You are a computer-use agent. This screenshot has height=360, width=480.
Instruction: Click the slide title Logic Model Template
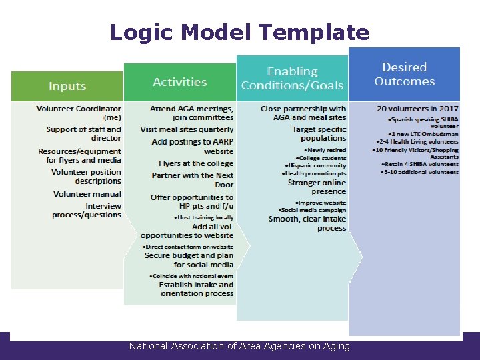[x=239, y=32]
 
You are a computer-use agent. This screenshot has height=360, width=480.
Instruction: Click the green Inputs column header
[x=67, y=86]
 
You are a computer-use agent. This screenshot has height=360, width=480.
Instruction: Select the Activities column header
[x=180, y=82]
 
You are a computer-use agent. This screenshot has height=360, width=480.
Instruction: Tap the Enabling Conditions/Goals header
[x=292, y=78]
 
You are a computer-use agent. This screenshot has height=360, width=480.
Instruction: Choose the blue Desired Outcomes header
[x=404, y=74]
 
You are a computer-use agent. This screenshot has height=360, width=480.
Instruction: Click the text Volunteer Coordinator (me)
[x=79, y=112]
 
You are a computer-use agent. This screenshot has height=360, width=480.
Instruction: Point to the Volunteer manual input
[x=87, y=194]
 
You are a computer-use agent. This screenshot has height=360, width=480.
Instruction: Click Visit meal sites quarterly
[x=187, y=129]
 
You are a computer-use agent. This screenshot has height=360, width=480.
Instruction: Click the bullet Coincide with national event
[x=191, y=275]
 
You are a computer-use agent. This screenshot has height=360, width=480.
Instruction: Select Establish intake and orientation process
[x=196, y=289]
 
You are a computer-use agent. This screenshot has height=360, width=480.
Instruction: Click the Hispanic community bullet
[x=315, y=165]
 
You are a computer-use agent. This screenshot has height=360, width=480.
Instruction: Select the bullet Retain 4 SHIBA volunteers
[x=420, y=164]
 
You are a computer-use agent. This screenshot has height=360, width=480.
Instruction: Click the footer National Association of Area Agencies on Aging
[x=239, y=346]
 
